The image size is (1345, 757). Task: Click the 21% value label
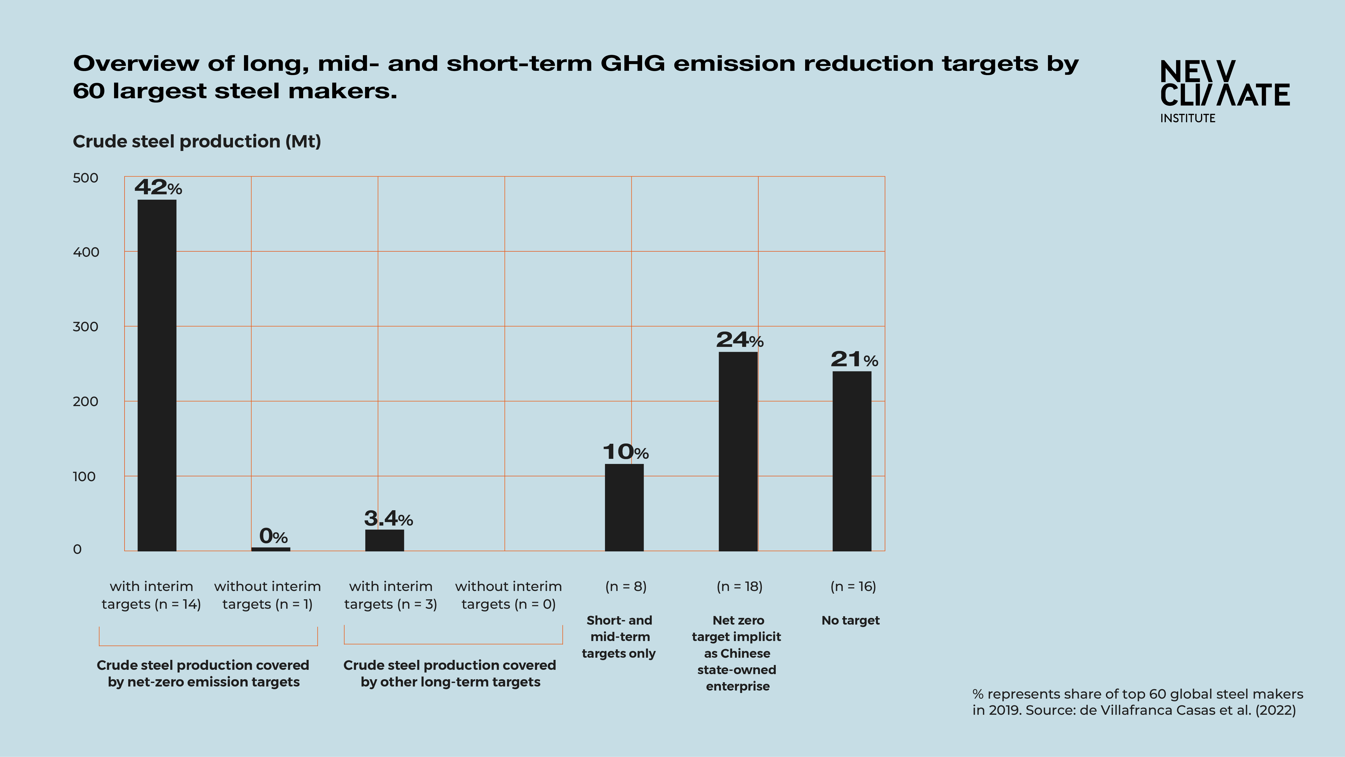pyautogui.click(x=854, y=360)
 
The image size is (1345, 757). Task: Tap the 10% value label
pyautogui.click(x=625, y=452)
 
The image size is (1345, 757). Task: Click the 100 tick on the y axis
pyautogui.click(x=84, y=477)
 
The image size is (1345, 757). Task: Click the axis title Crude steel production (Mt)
pyautogui.click(x=197, y=142)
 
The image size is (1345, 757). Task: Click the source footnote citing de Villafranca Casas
pyautogui.click(x=1137, y=702)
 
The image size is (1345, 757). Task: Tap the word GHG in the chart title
pyautogui.click(x=632, y=64)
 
